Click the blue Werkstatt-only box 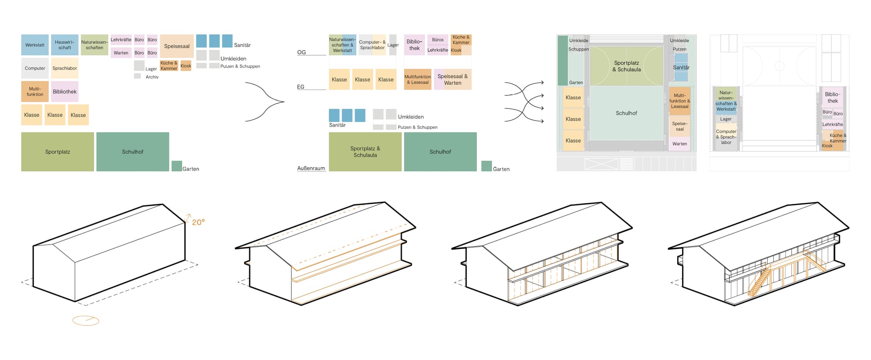(x=35, y=45)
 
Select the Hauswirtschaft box (x=64, y=45)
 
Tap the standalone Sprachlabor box (x=64, y=68)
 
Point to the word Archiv (x=152, y=77)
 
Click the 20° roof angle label (x=198, y=222)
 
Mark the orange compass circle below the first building (x=86, y=321)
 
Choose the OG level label (x=301, y=52)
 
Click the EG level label (x=300, y=87)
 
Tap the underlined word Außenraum (x=311, y=168)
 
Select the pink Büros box (x=438, y=40)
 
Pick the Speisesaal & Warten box (x=452, y=79)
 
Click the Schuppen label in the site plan (x=578, y=49)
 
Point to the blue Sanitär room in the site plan (x=681, y=67)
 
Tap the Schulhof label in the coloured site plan (x=626, y=113)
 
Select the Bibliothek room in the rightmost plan (x=832, y=98)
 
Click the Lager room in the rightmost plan (x=726, y=119)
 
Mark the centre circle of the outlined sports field (x=780, y=66)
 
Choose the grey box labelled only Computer (x=35, y=68)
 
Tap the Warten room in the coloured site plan (x=679, y=144)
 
